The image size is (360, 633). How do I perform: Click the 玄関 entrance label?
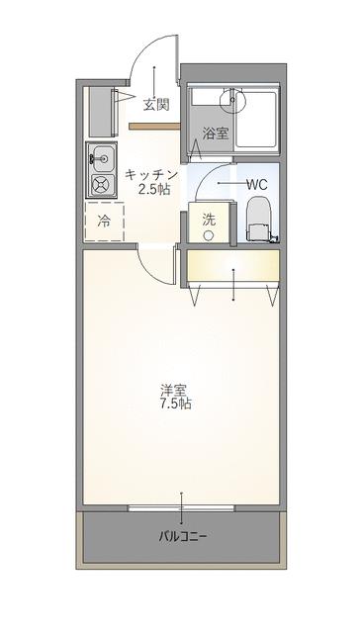click(x=155, y=103)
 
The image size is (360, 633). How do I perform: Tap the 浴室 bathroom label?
click(x=216, y=134)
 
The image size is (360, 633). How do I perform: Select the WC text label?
click(x=256, y=184)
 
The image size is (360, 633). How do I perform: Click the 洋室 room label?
click(x=177, y=389)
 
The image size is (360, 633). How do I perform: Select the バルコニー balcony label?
click(x=182, y=537)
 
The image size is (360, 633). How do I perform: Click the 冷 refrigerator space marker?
click(x=104, y=223)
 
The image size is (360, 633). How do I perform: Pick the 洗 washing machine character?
click(x=209, y=221)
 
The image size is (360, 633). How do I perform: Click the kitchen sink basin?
click(x=101, y=155)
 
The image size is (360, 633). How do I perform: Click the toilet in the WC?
click(x=257, y=219)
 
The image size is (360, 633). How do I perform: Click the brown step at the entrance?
click(x=152, y=126)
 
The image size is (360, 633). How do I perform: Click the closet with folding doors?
click(x=233, y=267)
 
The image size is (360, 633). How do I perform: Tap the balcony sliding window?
click(x=182, y=509)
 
